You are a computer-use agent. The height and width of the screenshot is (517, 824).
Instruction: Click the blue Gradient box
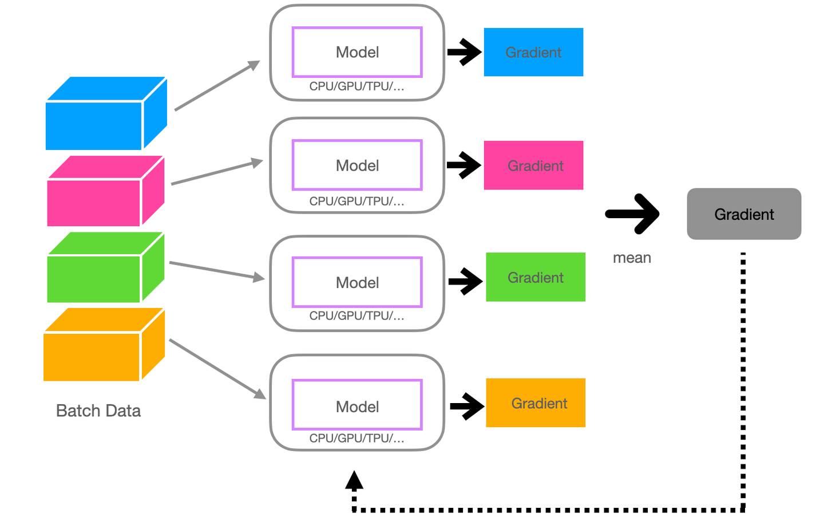point(533,52)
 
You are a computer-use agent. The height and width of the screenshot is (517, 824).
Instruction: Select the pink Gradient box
point(533,165)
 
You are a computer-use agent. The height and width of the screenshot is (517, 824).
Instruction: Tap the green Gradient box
point(536,277)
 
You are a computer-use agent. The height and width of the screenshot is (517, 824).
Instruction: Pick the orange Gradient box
point(536,403)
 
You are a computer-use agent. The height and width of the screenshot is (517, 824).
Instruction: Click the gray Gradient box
point(744,214)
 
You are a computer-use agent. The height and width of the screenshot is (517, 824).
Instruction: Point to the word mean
point(632,258)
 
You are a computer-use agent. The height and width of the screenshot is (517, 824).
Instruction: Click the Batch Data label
point(98,411)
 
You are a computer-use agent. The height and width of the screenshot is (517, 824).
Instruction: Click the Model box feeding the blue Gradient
point(357,52)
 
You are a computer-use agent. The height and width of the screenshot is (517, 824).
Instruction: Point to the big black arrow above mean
point(633,214)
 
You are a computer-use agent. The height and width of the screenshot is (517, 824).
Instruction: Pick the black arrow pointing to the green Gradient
point(465,281)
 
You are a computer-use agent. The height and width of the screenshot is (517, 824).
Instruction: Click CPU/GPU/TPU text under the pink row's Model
point(356,202)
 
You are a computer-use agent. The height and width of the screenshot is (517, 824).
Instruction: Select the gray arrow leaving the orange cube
point(217,369)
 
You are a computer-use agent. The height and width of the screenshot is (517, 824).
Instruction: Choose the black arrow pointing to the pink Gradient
point(464,165)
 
